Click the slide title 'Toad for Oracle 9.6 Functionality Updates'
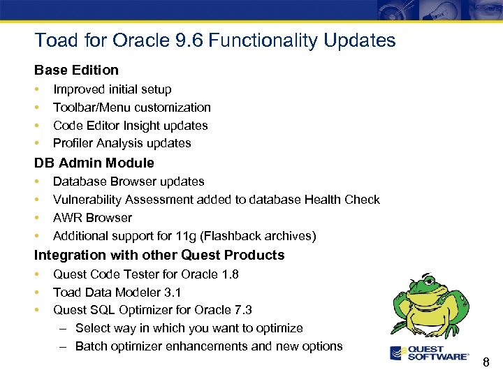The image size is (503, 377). pyautogui.click(x=215, y=40)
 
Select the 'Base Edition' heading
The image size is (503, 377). pyautogui.click(x=77, y=70)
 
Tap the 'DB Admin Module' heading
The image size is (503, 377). pyautogui.click(x=94, y=163)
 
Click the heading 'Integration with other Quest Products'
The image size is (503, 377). pyautogui.click(x=159, y=255)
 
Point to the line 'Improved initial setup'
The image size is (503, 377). pyautogui.click(x=112, y=89)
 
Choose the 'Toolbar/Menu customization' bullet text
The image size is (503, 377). pyautogui.click(x=131, y=108)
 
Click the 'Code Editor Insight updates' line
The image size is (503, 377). pyautogui.click(x=130, y=126)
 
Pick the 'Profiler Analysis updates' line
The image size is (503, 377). pyautogui.click(x=122, y=143)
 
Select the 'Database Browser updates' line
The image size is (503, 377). pyautogui.click(x=129, y=182)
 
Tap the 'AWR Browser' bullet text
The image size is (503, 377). pyautogui.click(x=92, y=218)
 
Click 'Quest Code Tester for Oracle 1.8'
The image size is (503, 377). pyautogui.click(x=145, y=274)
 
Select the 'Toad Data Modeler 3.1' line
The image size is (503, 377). pyautogui.click(x=117, y=293)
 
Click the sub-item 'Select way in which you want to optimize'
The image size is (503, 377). pyautogui.click(x=189, y=328)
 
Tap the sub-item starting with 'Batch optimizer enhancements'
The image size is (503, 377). pyautogui.click(x=208, y=346)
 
